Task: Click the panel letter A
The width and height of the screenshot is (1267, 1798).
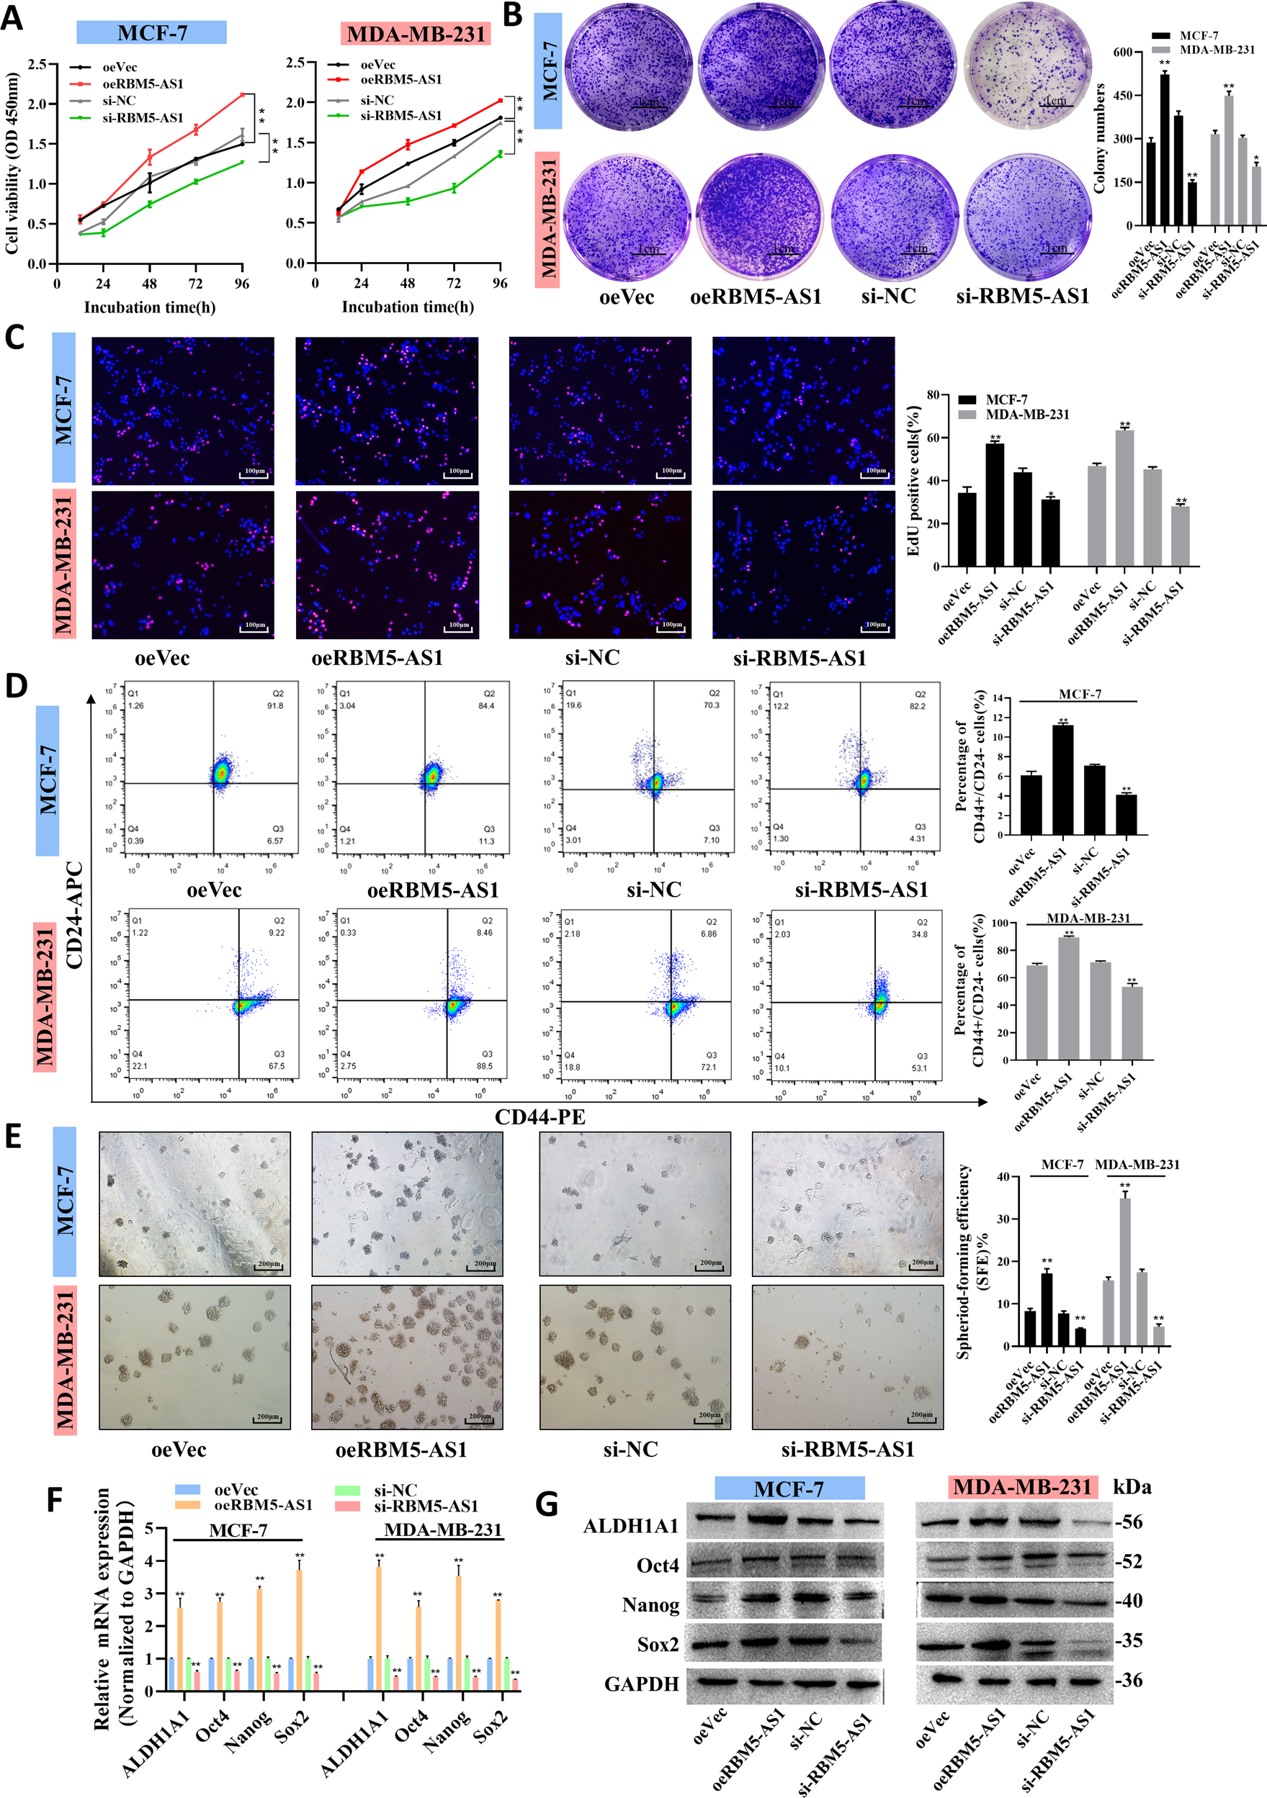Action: click(x=12, y=17)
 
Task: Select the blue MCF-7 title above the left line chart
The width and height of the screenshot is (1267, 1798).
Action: click(x=151, y=33)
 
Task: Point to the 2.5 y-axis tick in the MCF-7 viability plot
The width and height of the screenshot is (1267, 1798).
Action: click(x=37, y=64)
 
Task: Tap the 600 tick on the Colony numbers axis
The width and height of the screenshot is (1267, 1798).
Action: click(x=1123, y=53)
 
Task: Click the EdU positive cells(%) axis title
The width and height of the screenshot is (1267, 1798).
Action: click(x=913, y=480)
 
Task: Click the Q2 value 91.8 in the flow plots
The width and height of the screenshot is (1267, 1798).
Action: click(x=274, y=705)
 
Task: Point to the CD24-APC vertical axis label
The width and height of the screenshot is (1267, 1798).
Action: click(x=75, y=915)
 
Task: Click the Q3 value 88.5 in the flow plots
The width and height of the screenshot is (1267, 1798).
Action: click(x=484, y=1066)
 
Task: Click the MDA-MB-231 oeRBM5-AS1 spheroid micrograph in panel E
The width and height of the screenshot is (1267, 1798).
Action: click(x=407, y=1357)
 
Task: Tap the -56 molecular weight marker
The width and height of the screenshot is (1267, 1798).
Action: click(x=1129, y=1522)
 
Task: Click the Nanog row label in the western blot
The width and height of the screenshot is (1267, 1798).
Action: click(x=650, y=1605)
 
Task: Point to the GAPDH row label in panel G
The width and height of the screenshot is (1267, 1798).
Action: click(x=641, y=1684)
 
